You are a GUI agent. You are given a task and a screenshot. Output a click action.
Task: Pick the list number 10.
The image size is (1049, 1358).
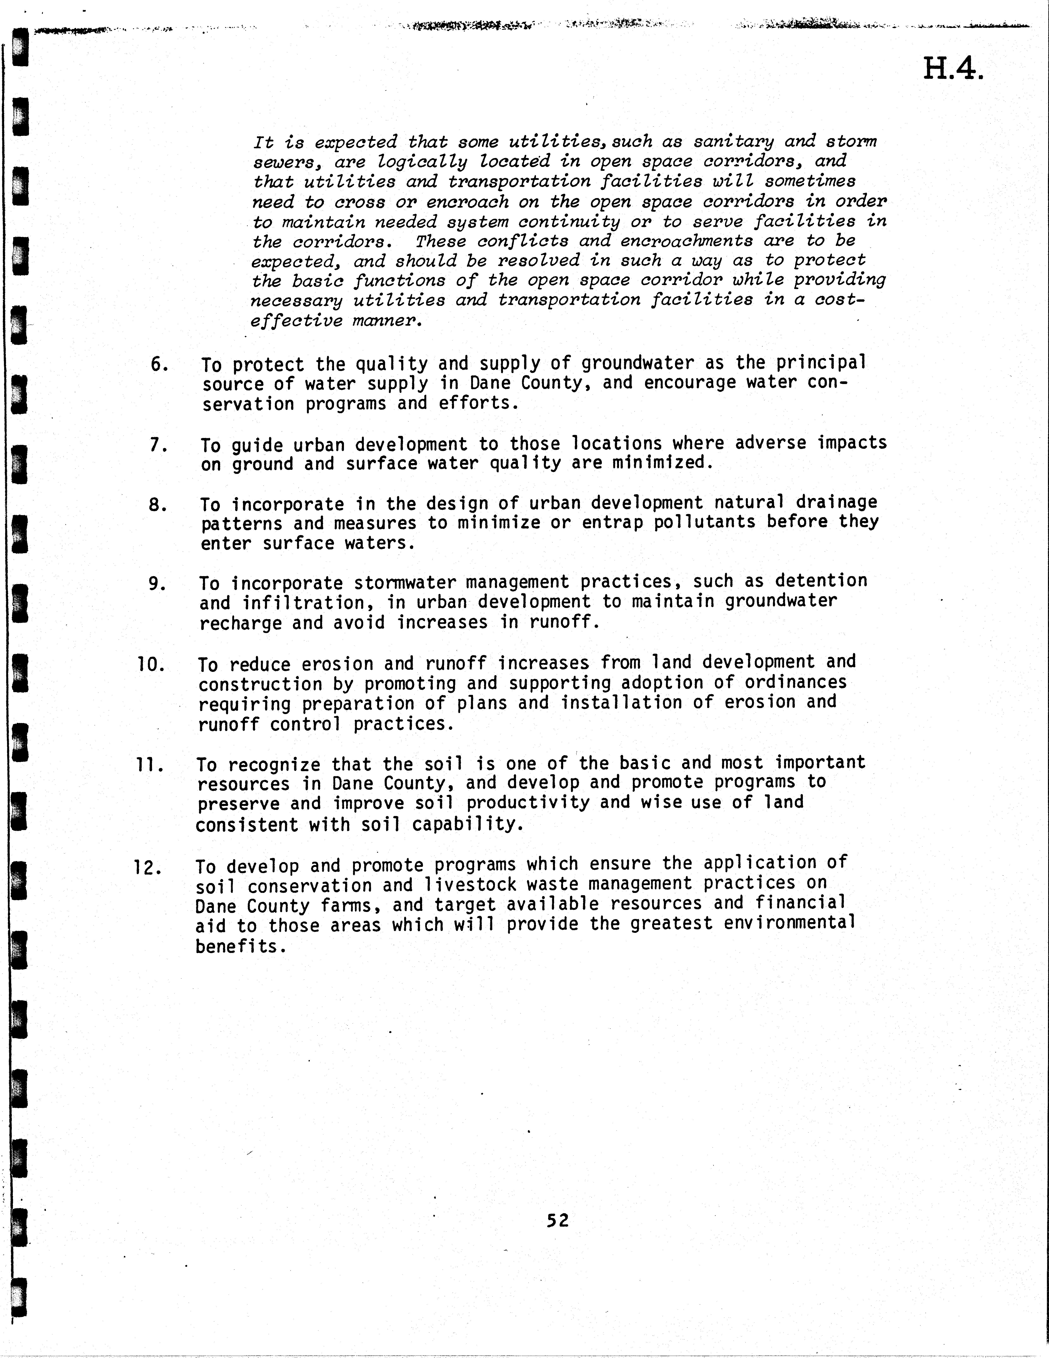(x=151, y=665)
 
